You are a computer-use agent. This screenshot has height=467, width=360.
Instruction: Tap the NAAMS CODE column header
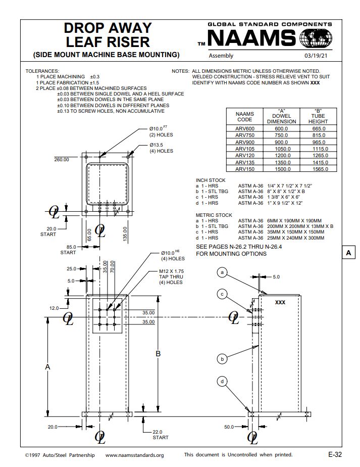click(244, 117)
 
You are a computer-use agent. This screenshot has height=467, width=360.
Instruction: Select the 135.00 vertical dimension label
click(125, 234)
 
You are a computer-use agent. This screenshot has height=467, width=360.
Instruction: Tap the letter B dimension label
click(158, 354)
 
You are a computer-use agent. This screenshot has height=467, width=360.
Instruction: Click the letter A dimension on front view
click(47, 367)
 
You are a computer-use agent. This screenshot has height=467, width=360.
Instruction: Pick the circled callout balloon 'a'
click(222, 272)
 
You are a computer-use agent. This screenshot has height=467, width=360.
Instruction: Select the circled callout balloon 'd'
click(222, 382)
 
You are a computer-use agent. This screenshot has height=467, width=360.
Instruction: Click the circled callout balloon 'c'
click(222, 294)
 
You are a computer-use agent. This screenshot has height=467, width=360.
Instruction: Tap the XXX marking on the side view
click(280, 302)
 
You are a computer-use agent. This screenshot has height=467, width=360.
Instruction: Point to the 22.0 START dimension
click(161, 434)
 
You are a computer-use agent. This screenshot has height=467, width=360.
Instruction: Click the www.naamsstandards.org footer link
click(134, 455)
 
